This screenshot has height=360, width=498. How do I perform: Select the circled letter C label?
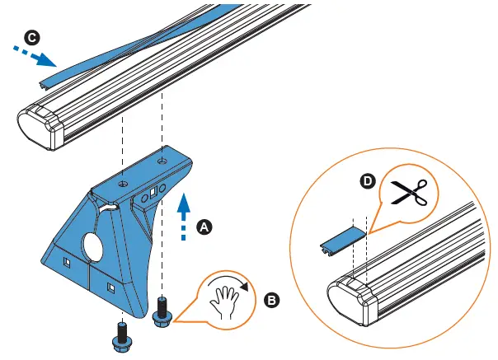tap(32, 39)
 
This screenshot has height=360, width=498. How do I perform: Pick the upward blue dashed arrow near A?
tap(182, 217)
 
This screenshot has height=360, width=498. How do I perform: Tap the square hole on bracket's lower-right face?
tap(110, 288)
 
